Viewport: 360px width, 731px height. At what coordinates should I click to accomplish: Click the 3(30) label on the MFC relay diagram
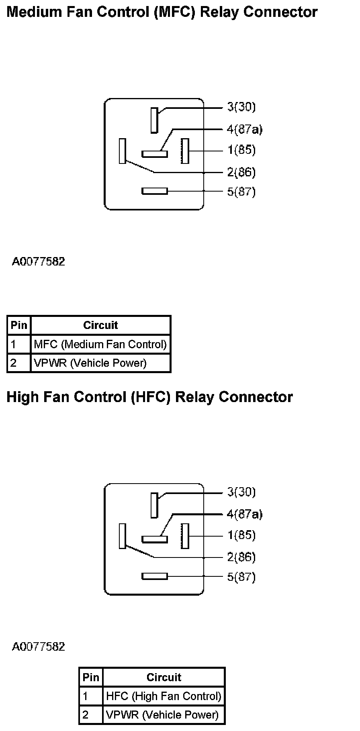[x=241, y=107]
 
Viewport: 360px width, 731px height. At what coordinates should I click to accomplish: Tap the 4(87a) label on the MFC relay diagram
[x=244, y=129]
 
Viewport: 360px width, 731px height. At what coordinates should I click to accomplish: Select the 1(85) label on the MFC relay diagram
[x=241, y=150]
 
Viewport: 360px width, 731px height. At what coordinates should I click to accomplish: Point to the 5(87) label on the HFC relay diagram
[x=241, y=577]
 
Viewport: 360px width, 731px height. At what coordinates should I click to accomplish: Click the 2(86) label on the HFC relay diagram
[x=241, y=557]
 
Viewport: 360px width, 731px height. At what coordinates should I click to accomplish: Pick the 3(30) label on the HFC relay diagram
[x=241, y=492]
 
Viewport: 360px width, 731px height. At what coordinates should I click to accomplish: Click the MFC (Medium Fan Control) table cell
[x=100, y=344]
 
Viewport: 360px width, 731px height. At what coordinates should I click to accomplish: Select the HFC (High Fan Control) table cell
[x=164, y=696]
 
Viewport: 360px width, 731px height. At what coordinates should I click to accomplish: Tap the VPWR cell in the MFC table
[x=90, y=363]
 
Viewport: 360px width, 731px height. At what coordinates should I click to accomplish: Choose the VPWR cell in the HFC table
[x=162, y=715]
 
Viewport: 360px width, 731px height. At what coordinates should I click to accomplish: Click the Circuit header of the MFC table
[x=100, y=325]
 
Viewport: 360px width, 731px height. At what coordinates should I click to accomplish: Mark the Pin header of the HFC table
[x=91, y=677]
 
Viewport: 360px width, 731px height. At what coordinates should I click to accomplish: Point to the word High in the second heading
[x=22, y=397]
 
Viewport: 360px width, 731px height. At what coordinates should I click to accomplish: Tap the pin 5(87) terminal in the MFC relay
[x=154, y=191]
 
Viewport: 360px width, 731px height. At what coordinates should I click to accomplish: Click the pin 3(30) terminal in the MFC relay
[x=154, y=120]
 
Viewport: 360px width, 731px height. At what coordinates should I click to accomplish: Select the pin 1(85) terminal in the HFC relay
[x=185, y=536]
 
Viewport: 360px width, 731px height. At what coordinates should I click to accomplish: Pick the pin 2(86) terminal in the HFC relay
[x=123, y=536]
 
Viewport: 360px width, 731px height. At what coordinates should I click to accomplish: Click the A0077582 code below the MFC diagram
[x=38, y=262]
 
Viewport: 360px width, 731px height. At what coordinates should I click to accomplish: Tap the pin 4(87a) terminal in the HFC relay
[x=154, y=539]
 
